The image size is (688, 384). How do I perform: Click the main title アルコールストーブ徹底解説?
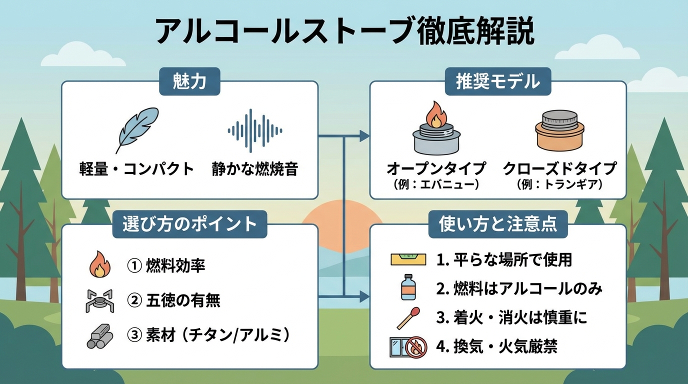pos(344,32)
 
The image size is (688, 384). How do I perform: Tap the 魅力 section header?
pos(189,81)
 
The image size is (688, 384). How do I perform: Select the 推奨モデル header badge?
pos(497,81)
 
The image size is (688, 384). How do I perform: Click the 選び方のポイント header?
pos(189,224)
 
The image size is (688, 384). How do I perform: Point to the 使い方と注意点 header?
pos(498,224)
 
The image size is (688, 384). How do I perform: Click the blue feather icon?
pos(136,129)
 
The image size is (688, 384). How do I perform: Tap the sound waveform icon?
pos(254,131)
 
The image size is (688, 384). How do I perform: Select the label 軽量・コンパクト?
pos(136,169)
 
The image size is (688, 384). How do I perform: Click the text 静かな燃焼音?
pos(254,169)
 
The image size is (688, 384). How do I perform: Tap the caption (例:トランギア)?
pos(559,184)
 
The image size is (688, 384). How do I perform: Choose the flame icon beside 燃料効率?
pos(99,265)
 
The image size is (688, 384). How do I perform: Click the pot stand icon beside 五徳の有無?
pos(98,300)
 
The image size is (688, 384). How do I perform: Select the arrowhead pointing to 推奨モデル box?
pos(365,135)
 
